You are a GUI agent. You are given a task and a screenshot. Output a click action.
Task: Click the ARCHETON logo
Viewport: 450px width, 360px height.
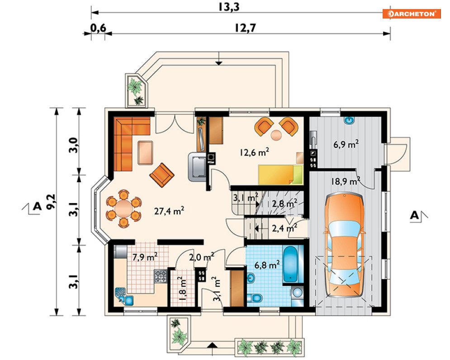tap(411, 14)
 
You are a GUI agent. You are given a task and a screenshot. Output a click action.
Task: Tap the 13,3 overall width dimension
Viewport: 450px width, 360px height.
tap(229, 7)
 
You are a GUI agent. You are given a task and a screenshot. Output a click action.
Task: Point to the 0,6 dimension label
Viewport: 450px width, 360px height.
tap(99, 28)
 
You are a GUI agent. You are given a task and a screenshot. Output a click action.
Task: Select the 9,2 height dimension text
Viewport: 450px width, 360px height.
tap(52, 202)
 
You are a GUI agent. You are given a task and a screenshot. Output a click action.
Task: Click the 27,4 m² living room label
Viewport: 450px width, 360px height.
tap(169, 211)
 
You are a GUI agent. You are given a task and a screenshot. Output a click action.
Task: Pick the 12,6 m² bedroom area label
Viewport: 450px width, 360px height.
tap(254, 152)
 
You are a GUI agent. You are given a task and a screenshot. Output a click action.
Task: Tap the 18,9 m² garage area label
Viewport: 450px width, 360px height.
tap(346, 181)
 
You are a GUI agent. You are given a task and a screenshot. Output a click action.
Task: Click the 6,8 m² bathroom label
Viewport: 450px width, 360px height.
tap(267, 265)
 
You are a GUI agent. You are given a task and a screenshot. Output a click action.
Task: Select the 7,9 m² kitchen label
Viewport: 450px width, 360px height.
tap(145, 256)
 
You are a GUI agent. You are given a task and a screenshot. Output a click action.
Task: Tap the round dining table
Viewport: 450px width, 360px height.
tap(124, 208)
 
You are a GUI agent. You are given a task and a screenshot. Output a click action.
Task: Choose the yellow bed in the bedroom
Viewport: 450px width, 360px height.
tap(280, 175)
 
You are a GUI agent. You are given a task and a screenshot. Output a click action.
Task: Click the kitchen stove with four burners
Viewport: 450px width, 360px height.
tap(161, 276)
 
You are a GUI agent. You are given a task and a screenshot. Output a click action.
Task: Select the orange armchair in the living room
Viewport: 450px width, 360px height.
tap(162, 175)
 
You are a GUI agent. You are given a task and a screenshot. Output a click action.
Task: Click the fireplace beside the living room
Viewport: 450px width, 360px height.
tap(198, 166)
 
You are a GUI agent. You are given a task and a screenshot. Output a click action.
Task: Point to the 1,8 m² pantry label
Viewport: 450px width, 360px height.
tap(182, 290)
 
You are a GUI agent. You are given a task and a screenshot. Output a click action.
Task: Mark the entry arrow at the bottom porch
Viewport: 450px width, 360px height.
tap(212, 349)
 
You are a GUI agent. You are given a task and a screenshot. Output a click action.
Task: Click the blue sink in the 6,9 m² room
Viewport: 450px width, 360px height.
tap(349, 120)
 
